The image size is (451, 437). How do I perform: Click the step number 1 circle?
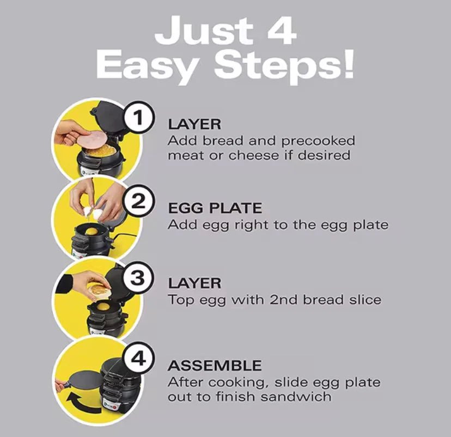(x=139, y=117)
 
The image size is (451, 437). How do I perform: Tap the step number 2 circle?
(x=139, y=201)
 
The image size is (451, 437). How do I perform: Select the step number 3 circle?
(x=138, y=277)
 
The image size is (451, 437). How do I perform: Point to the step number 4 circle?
(x=139, y=358)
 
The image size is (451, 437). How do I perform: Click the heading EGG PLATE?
(x=215, y=208)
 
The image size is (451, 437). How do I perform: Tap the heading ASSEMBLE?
(x=215, y=366)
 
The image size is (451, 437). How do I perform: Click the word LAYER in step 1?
(x=194, y=124)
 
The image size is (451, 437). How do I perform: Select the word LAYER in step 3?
(x=194, y=283)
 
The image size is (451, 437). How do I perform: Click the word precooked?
(x=318, y=142)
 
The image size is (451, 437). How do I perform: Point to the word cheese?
(x=254, y=155)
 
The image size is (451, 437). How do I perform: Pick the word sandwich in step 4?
(x=296, y=397)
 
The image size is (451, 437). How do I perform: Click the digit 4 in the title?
(x=281, y=31)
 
